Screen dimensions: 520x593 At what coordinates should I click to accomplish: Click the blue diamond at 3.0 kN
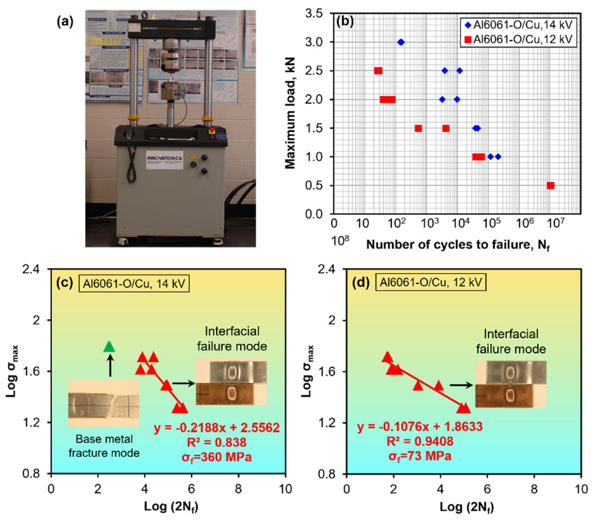tap(401, 42)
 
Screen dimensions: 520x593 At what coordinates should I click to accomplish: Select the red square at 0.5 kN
tap(550, 186)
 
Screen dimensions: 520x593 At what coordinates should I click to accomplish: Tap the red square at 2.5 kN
tap(378, 71)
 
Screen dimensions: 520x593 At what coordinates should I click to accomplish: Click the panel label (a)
tap(65, 22)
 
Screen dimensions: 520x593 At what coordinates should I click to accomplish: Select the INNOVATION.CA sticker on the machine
tap(164, 160)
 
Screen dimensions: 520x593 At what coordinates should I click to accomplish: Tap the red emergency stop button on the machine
tap(212, 130)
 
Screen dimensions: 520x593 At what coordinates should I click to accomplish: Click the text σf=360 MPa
tap(217, 457)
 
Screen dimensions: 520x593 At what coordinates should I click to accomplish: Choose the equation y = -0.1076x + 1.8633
tap(420, 426)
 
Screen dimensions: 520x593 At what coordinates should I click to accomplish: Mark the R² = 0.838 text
tap(217, 442)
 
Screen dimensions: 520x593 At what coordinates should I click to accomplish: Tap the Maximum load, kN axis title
tap(290, 113)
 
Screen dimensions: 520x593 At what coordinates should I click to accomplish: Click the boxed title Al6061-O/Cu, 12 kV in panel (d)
tap(431, 282)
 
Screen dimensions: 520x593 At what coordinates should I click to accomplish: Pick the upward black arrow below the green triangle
tap(110, 366)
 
